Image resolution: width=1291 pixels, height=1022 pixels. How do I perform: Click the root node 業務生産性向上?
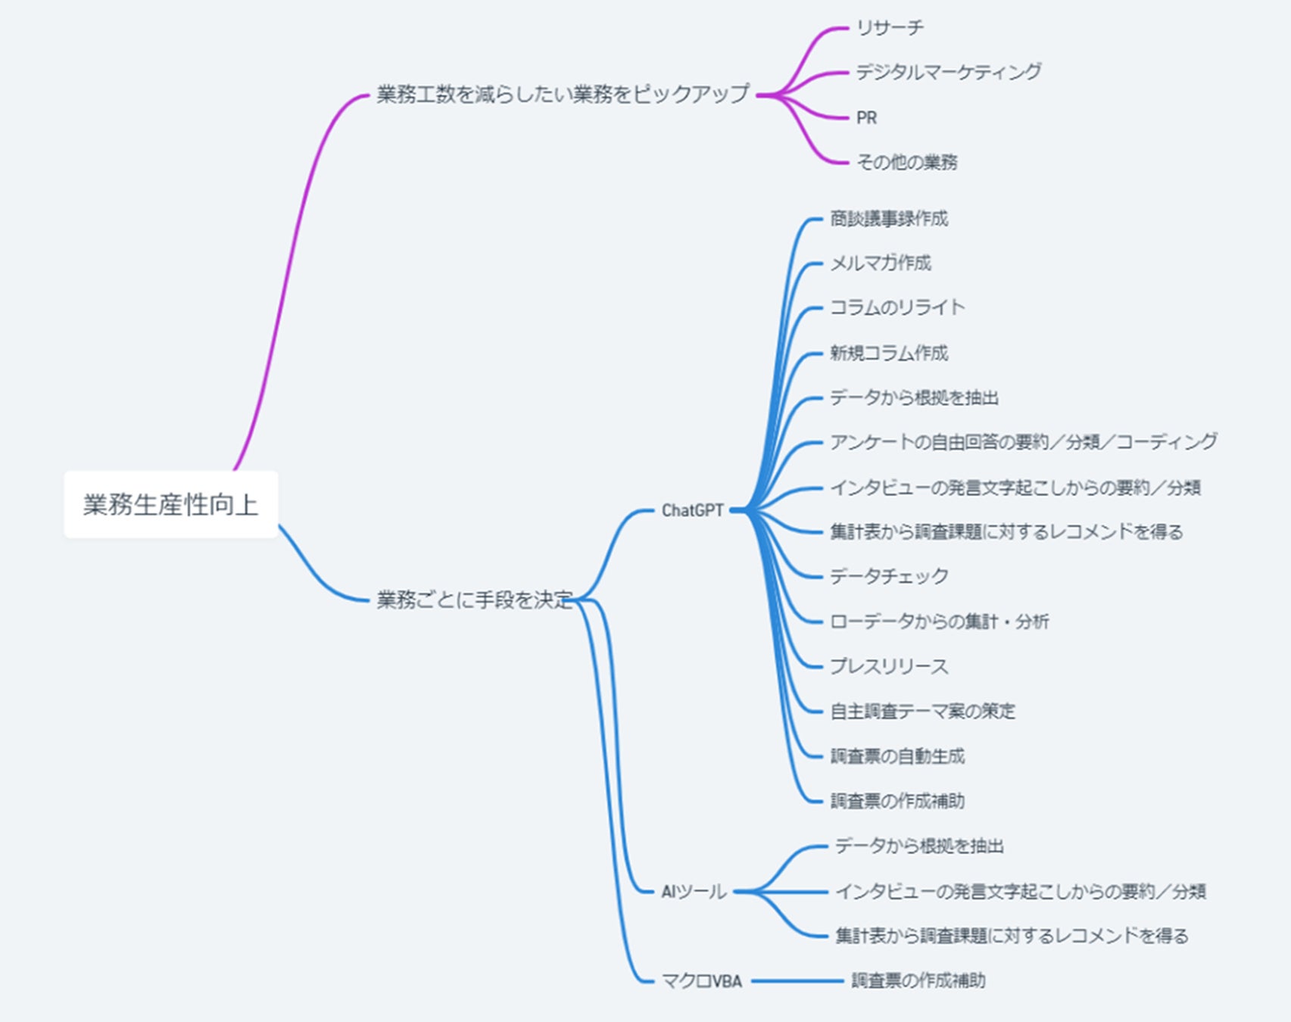(x=170, y=504)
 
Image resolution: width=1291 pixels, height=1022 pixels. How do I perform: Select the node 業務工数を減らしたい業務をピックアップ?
(x=563, y=95)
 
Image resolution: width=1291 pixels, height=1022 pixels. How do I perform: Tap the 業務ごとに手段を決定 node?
(x=475, y=600)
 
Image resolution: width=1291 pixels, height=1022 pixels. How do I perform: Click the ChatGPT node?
(x=692, y=511)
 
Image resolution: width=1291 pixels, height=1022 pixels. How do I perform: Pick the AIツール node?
(x=693, y=892)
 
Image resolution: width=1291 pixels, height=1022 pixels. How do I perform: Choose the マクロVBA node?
(x=701, y=981)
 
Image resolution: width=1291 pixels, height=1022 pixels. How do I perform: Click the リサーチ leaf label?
(x=890, y=28)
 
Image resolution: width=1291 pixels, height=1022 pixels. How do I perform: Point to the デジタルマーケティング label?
(x=948, y=72)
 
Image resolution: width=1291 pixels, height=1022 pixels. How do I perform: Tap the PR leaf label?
(x=866, y=118)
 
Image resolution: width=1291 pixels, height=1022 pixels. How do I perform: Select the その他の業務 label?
(x=906, y=162)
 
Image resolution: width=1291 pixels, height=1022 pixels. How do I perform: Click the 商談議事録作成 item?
(x=889, y=219)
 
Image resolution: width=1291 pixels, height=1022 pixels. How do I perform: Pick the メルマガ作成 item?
(x=881, y=263)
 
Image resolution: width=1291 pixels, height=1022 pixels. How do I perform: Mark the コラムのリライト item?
(x=897, y=307)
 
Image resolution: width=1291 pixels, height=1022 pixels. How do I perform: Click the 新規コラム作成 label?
(x=889, y=353)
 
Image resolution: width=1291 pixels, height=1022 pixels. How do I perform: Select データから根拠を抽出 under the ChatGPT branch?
(x=914, y=397)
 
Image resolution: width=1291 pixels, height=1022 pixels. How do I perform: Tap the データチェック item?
(x=889, y=576)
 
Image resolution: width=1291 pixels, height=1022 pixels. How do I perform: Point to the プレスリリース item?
(x=889, y=666)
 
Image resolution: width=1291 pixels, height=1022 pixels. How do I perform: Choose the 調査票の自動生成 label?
(x=897, y=756)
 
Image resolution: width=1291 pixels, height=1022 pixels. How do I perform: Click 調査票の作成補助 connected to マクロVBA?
(x=918, y=980)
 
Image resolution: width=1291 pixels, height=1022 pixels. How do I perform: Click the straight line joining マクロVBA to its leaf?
(x=797, y=981)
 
